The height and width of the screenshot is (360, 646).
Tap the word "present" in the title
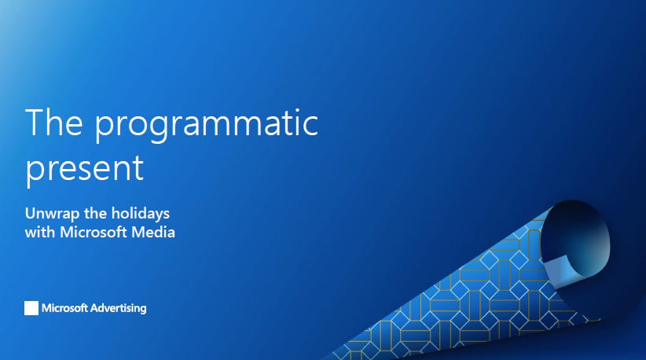coord(85,168)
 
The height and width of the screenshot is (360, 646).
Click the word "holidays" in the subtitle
coord(141,214)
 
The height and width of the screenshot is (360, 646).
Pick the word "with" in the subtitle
coord(40,233)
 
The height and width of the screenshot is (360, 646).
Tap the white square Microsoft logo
coord(31,308)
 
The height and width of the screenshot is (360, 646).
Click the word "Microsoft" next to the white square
coord(66,308)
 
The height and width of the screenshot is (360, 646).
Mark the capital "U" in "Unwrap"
coord(30,214)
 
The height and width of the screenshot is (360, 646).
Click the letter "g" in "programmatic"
coord(163,130)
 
